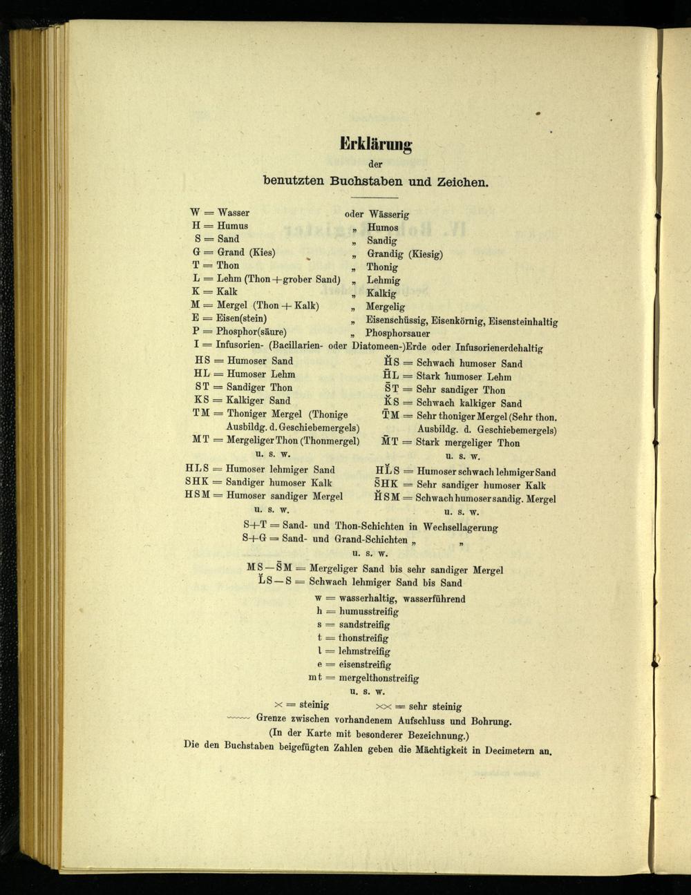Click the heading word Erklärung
(x=375, y=144)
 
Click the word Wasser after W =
(x=234, y=213)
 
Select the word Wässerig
(x=389, y=215)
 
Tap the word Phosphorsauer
(x=397, y=334)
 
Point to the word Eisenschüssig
(x=396, y=320)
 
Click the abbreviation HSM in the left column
(x=197, y=495)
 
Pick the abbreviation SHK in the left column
(x=197, y=482)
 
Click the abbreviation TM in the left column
(x=201, y=413)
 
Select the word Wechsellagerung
(x=460, y=527)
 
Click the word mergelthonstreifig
(x=379, y=678)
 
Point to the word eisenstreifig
(x=364, y=664)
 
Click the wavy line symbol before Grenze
(x=238, y=719)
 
